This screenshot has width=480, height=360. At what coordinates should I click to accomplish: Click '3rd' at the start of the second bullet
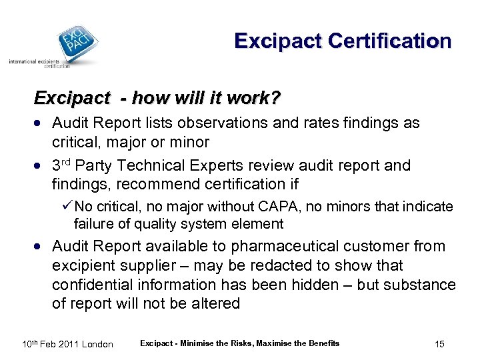pos(63,165)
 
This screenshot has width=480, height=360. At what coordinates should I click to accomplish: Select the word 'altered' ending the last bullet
pos(215,303)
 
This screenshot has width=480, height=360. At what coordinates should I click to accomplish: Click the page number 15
pos(439,344)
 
